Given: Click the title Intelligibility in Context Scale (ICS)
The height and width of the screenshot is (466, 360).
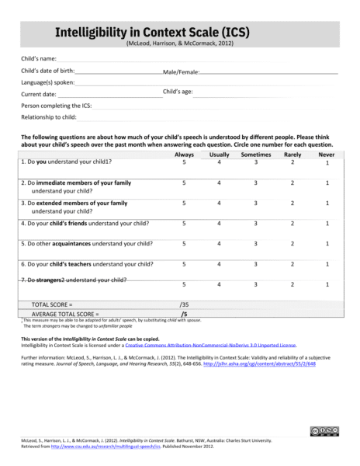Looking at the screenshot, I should pyautogui.click(x=151, y=32).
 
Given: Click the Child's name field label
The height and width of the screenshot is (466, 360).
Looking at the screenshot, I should pyautogui.click(x=38, y=59).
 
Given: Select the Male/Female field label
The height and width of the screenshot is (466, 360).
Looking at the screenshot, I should pyautogui.click(x=181, y=71).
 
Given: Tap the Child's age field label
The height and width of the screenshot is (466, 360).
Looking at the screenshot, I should pyautogui.click(x=178, y=92).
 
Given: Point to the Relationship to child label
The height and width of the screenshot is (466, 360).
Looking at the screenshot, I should pyautogui.click(x=48, y=117).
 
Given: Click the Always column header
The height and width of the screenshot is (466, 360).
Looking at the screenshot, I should pyautogui.click(x=184, y=155).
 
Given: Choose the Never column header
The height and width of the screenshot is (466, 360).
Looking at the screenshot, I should pyautogui.click(x=327, y=155).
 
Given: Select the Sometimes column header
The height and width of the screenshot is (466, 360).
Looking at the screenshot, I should pyautogui.click(x=255, y=155).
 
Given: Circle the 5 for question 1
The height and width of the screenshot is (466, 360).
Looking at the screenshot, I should pyautogui.click(x=184, y=162).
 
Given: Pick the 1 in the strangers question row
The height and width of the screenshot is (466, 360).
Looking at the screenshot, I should pyautogui.click(x=327, y=285).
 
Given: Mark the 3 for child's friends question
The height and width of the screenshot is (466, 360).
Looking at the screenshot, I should pyautogui.click(x=255, y=224).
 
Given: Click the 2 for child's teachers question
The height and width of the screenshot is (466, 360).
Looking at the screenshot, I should pyautogui.click(x=292, y=264).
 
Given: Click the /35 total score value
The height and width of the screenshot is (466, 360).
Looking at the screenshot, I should pyautogui.click(x=184, y=304).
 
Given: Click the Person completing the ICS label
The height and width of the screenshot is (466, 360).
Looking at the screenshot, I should pyautogui.click(x=54, y=105).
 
